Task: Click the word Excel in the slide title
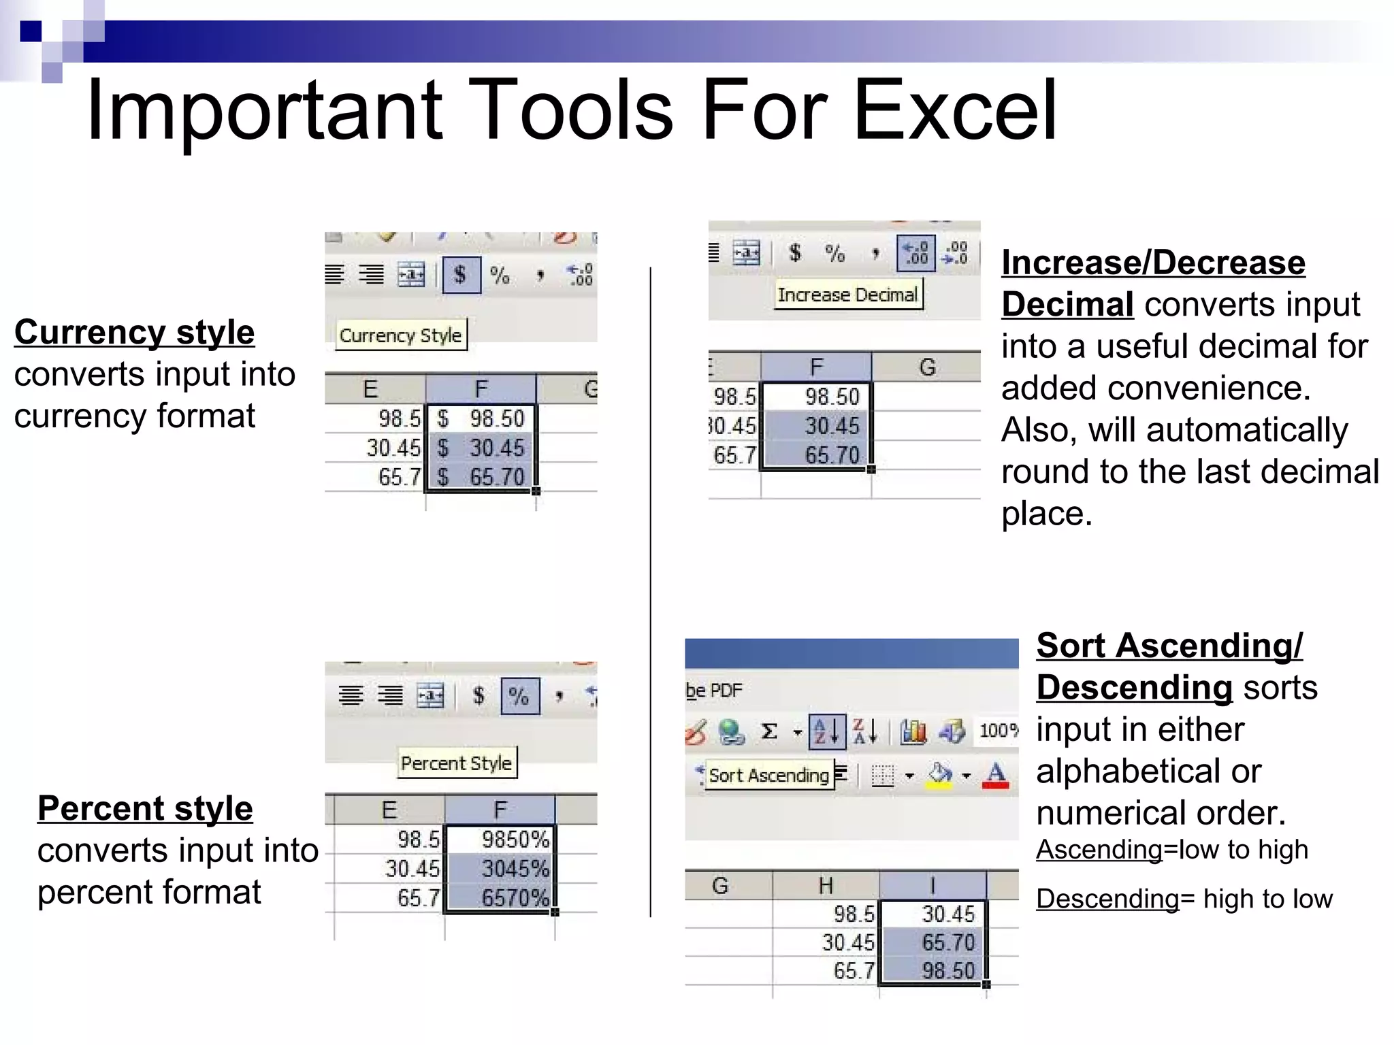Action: (x=954, y=110)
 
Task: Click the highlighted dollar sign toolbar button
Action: (x=461, y=275)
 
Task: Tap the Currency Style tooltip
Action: (x=400, y=335)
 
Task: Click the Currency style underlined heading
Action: (x=134, y=333)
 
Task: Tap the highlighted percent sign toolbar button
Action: (x=519, y=696)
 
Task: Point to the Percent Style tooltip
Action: (x=456, y=763)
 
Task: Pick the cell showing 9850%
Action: (x=501, y=840)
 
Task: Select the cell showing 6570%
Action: (x=501, y=898)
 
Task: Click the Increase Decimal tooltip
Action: (x=848, y=295)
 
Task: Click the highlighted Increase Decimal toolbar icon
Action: (x=915, y=254)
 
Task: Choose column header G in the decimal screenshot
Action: (x=926, y=367)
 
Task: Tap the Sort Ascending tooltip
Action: (x=768, y=776)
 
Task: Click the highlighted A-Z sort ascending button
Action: (x=826, y=732)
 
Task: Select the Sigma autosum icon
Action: (x=769, y=732)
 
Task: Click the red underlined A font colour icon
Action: (x=995, y=776)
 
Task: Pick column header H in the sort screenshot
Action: (x=826, y=886)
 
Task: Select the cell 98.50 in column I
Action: (x=934, y=971)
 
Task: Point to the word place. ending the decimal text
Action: (x=1046, y=514)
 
